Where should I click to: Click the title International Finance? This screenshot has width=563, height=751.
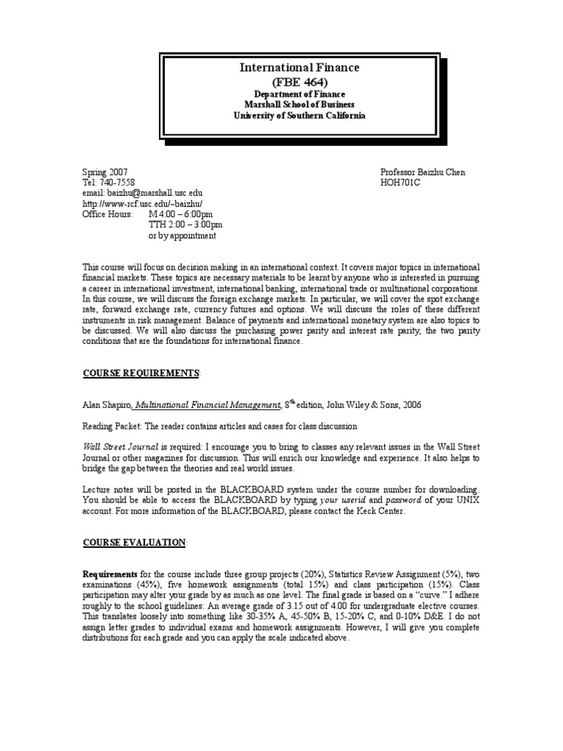pyautogui.click(x=299, y=68)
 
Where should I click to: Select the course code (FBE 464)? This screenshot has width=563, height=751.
pyautogui.click(x=299, y=81)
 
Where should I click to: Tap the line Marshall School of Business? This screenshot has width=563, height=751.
pyautogui.click(x=299, y=105)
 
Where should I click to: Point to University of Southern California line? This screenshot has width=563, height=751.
pyautogui.click(x=299, y=116)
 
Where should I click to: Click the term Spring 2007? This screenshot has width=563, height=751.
pyautogui.click(x=105, y=172)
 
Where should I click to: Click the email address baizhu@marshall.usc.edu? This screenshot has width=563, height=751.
pyautogui.click(x=141, y=193)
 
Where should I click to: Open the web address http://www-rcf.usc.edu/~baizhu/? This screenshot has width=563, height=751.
pyautogui.click(x=141, y=203)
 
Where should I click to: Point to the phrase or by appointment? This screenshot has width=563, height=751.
pyautogui.click(x=182, y=235)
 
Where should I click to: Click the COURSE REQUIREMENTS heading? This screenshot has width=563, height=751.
pyautogui.click(x=140, y=373)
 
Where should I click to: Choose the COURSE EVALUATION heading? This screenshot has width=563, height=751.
pyautogui.click(x=134, y=542)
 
